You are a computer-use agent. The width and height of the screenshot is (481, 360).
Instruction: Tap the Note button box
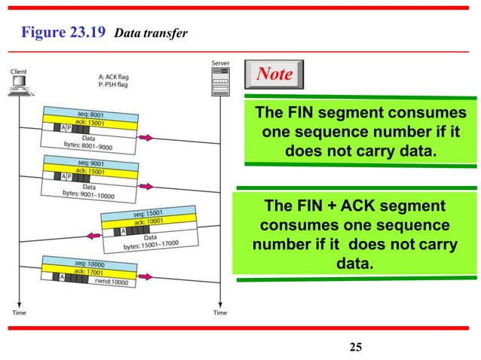coord(275,74)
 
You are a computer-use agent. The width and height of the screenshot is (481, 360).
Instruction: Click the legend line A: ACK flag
coord(120,76)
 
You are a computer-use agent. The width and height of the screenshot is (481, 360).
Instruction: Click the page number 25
coord(356,346)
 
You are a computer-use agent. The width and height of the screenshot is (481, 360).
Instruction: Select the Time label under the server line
coord(219,312)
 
